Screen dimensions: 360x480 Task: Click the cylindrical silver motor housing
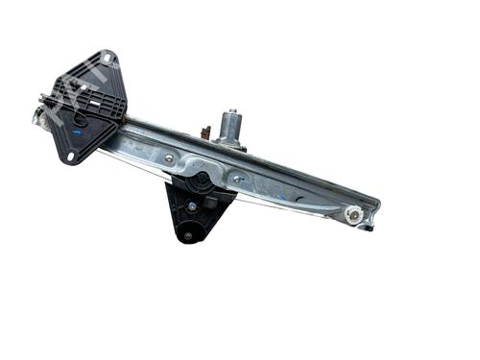point(230,128)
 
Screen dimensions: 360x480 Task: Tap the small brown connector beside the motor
point(204,132)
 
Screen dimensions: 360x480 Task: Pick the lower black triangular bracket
point(196,213)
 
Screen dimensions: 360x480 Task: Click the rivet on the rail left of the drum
point(170,156)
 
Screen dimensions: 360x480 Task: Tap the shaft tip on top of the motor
point(231,110)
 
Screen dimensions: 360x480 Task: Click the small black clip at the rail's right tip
point(371,228)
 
